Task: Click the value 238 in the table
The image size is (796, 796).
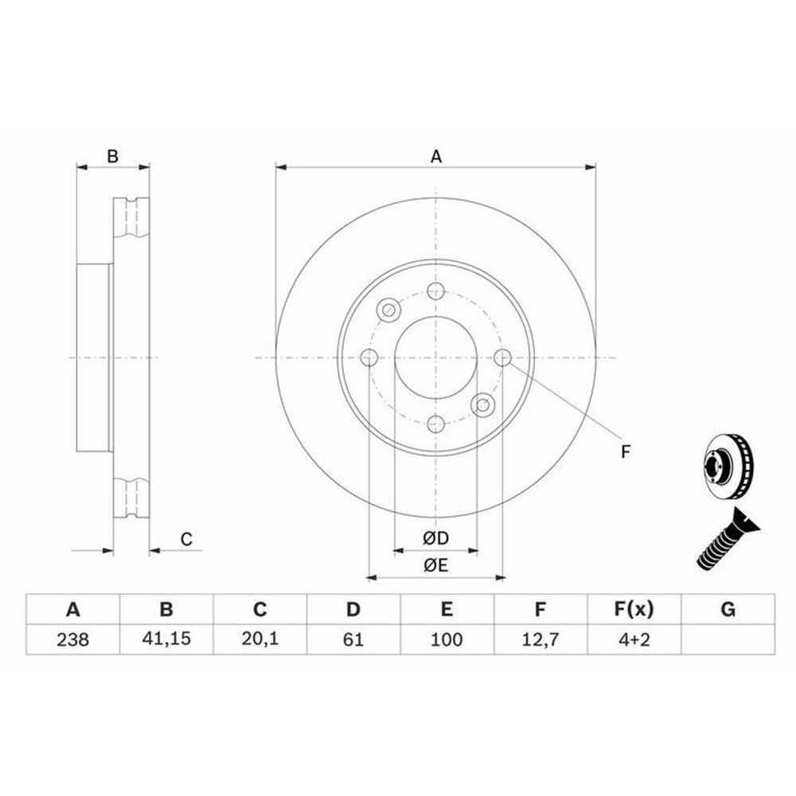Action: tap(72, 640)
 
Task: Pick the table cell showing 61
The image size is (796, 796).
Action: tap(353, 640)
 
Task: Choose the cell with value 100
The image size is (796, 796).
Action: tap(447, 640)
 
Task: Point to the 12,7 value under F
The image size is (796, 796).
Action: tap(540, 640)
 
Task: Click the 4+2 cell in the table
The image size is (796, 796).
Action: tap(634, 640)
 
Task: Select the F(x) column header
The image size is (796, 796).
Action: tap(634, 609)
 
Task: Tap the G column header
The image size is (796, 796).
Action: tap(728, 609)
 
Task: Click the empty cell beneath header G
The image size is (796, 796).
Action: tap(728, 640)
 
